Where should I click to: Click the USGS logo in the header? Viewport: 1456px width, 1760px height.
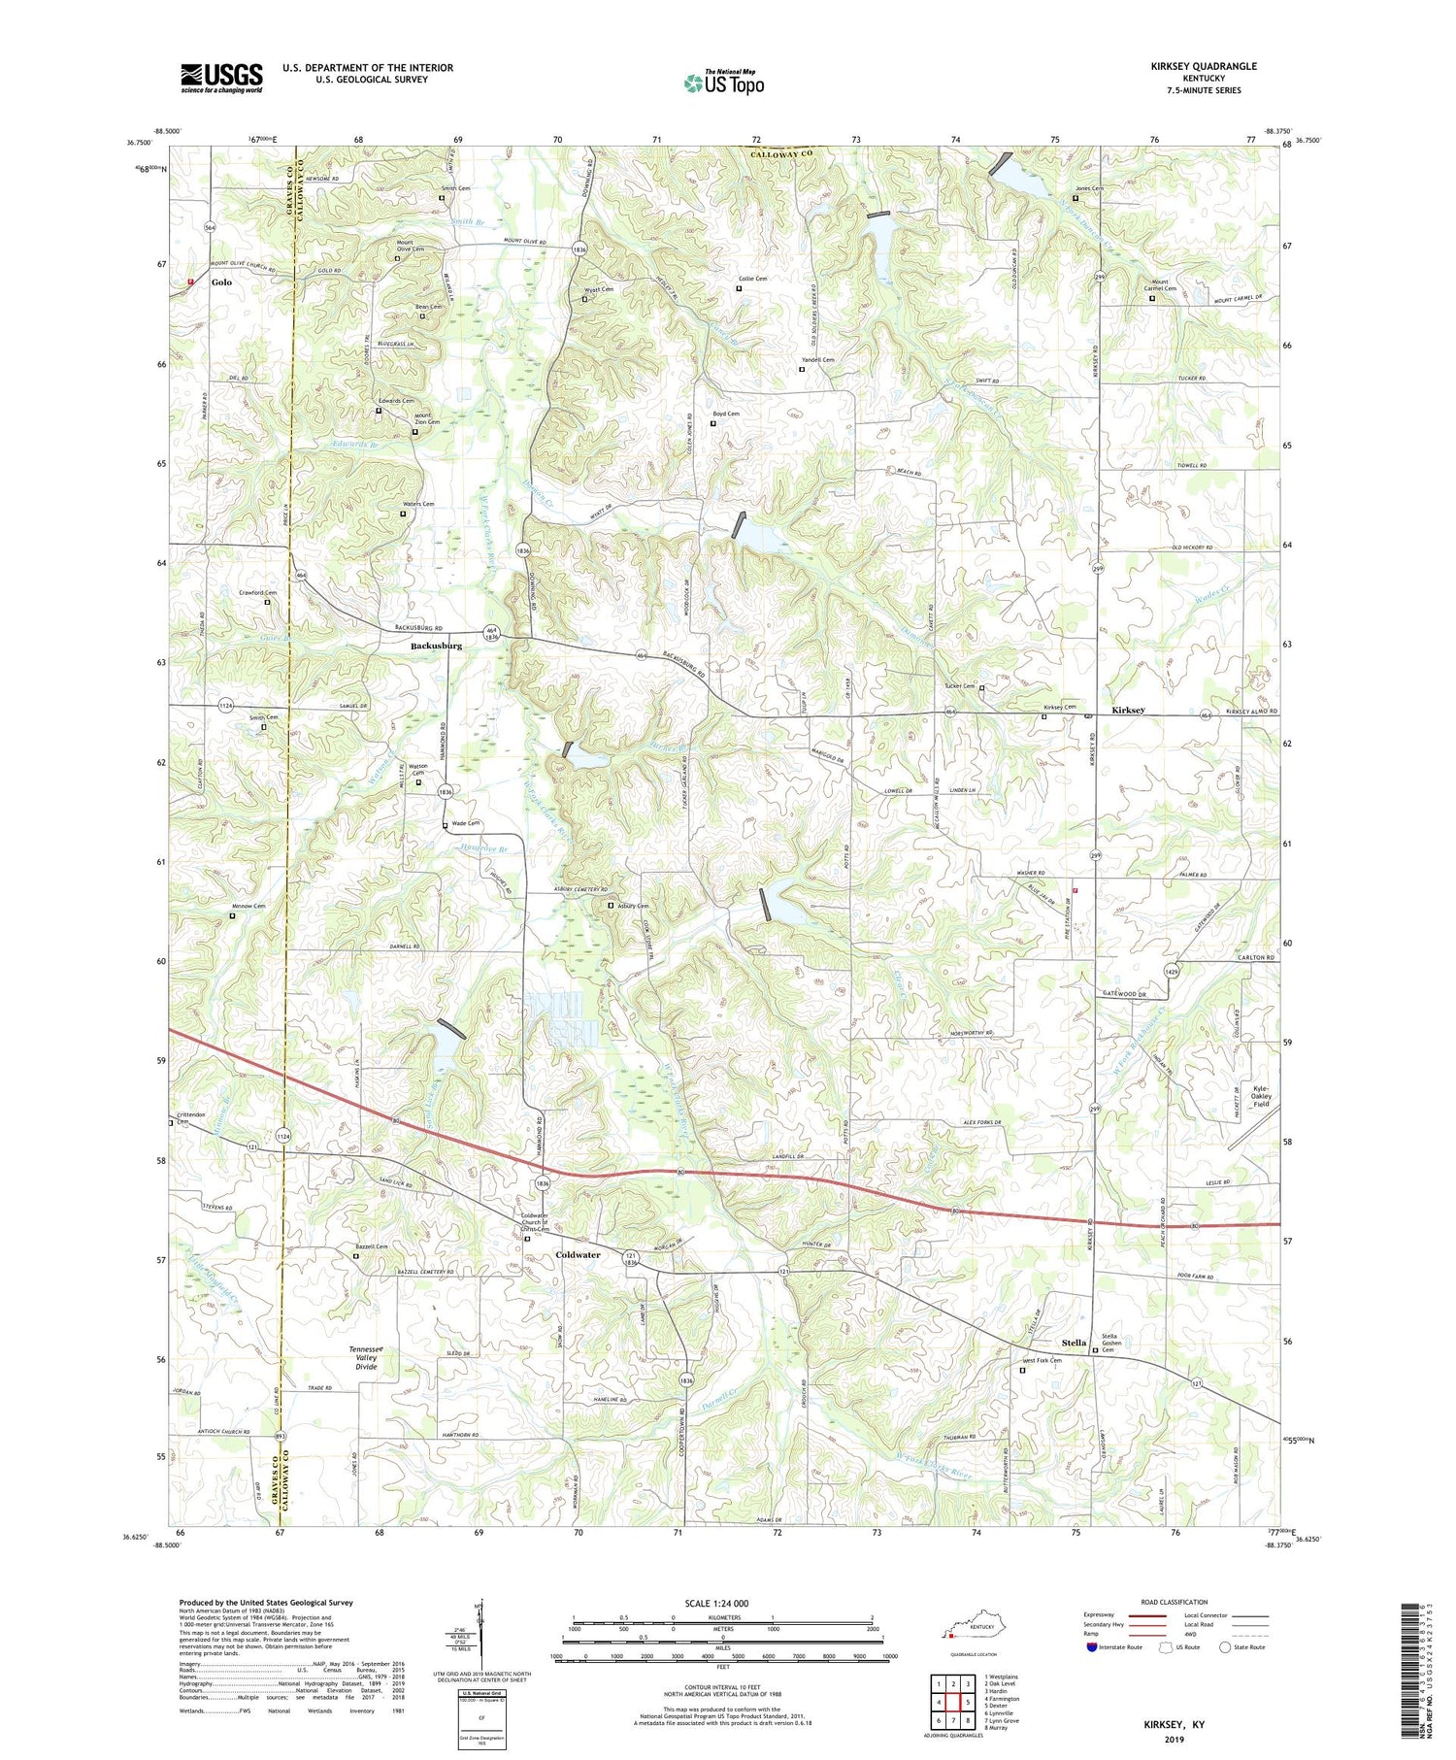coord(221,78)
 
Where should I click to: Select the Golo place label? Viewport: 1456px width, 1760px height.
coord(222,282)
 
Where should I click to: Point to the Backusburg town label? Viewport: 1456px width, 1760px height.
coord(436,646)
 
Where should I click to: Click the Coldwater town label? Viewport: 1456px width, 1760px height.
coord(578,1254)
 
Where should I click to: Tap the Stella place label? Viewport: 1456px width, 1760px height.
coord(1074,1343)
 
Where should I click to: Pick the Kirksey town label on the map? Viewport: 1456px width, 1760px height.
coord(1128,710)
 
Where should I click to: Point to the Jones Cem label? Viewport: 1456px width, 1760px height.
coord(1089,188)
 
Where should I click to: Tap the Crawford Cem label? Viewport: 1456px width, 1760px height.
coord(257,592)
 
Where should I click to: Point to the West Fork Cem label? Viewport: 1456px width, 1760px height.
coord(1041,1360)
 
